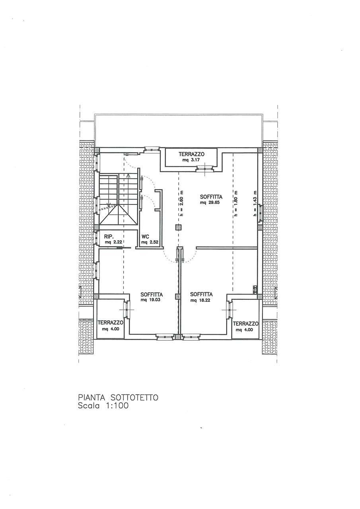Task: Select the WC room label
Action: (145, 237)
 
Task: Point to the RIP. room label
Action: (108, 237)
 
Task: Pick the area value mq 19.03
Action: (150, 300)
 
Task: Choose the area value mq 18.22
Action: (200, 300)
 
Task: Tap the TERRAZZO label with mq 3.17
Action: (191, 154)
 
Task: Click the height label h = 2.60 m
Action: (181, 203)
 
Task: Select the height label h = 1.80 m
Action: (236, 203)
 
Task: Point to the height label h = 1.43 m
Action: (255, 203)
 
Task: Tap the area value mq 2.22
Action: (114, 242)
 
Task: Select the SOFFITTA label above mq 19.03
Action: (152, 295)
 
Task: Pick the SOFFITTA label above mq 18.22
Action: (201, 295)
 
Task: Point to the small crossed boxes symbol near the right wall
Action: (255, 289)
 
